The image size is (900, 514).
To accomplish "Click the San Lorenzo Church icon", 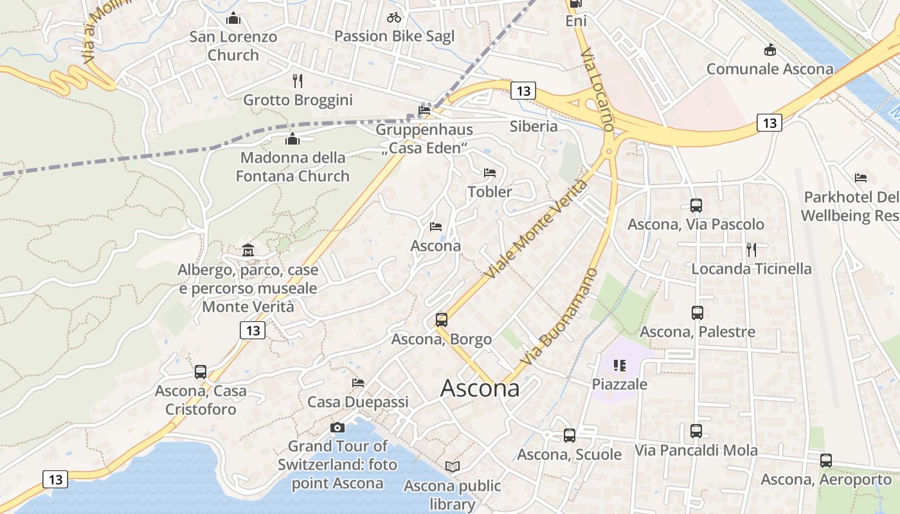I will point(233,18).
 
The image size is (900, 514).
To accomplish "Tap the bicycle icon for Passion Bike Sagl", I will point(394,17).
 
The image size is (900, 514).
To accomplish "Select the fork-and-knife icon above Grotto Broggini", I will point(297,80).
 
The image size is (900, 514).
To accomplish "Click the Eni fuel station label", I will point(576,21).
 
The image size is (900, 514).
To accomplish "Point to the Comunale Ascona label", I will point(770,69).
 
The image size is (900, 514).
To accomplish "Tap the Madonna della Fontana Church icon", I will point(292,139).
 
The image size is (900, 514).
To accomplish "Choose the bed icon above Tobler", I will point(490,173).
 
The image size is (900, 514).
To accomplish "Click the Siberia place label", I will point(534,126).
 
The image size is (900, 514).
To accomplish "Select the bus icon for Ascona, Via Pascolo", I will point(696,206).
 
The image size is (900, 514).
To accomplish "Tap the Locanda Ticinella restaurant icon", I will point(751,249).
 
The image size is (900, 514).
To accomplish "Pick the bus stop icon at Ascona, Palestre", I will point(697,313).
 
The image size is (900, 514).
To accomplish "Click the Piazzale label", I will point(620,384).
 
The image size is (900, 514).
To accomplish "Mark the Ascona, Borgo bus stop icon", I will point(441,320).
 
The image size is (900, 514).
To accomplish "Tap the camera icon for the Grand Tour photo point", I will point(337,427).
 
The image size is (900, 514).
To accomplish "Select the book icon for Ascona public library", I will point(453,467).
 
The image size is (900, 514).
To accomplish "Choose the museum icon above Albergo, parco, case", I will point(248,251).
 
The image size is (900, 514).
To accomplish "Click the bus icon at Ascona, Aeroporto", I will point(826,461).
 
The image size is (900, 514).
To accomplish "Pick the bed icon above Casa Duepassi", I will point(358,383).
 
